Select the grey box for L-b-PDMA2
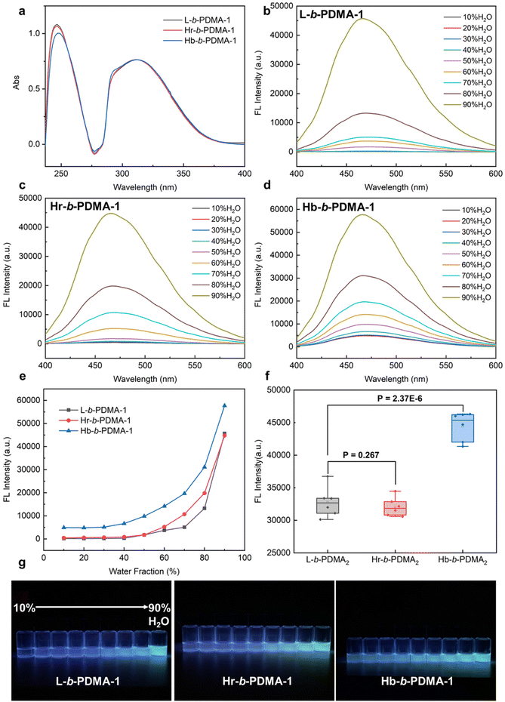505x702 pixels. pos(328,506)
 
